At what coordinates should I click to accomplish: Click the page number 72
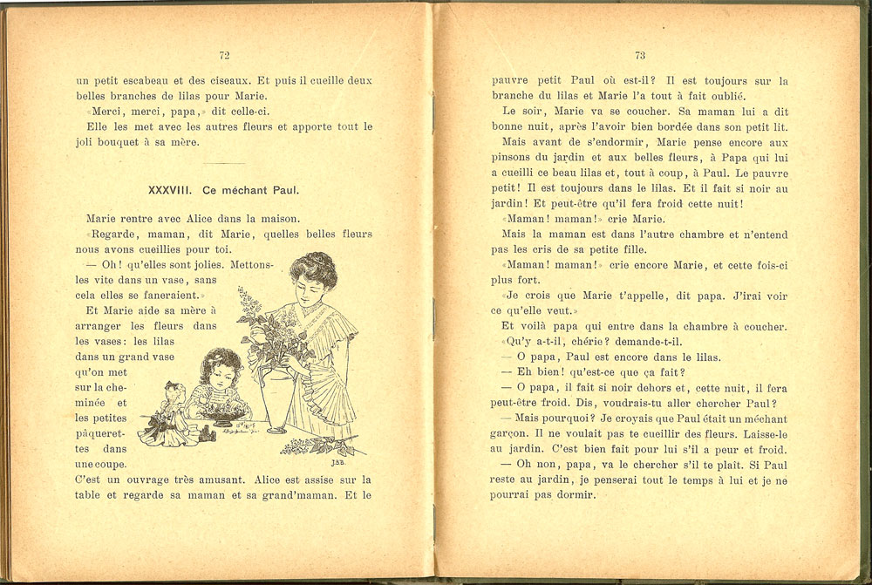point(224,55)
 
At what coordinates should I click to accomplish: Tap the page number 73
point(640,55)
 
